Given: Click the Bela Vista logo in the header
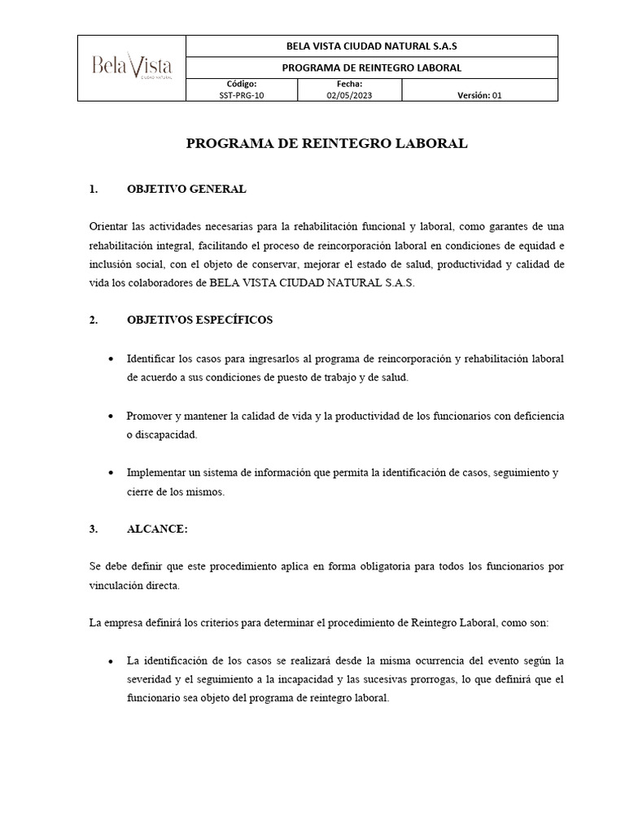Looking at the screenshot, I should (132, 68).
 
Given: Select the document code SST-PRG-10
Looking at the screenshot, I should (242, 94).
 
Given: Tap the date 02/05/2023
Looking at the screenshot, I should (349, 94).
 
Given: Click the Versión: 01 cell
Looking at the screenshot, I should (480, 94).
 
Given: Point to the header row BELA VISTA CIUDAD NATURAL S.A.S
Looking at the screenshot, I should (372, 46).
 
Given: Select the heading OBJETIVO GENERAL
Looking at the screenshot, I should (186, 190).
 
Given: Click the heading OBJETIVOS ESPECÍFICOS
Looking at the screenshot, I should (199, 320).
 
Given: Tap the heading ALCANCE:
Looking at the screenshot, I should (157, 529).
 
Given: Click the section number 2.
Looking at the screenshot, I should (94, 320).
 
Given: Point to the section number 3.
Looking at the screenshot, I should (94, 529).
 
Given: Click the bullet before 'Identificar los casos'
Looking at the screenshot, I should (111, 359).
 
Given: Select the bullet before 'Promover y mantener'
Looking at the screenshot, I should (111, 416).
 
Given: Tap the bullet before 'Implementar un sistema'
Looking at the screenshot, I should (111, 473).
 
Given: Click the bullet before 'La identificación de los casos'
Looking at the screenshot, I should (111, 661).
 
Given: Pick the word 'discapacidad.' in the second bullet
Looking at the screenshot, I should (162, 435).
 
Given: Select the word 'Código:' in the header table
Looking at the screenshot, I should (242, 84).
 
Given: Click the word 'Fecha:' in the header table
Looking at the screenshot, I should (349, 84).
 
